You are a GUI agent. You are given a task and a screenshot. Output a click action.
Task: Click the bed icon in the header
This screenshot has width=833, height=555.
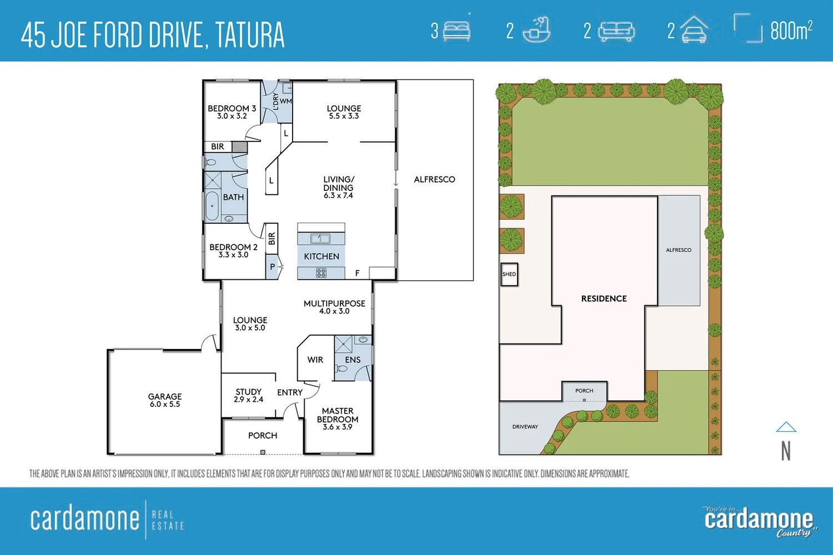[x=457, y=31]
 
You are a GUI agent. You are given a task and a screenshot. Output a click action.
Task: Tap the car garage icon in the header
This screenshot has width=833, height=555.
[x=694, y=30]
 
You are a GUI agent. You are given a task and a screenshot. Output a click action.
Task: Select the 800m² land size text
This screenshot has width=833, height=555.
[x=791, y=30]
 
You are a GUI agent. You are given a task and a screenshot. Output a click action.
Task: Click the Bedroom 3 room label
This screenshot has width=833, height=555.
[x=232, y=112]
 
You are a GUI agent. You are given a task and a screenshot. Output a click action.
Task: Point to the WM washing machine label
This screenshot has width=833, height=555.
[x=285, y=101]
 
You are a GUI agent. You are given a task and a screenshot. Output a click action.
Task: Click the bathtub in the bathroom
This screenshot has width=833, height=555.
[x=212, y=206]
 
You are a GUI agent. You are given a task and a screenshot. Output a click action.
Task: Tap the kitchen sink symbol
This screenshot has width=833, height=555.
[x=320, y=238]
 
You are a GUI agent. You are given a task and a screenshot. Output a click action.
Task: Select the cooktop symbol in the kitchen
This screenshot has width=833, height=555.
[x=322, y=273]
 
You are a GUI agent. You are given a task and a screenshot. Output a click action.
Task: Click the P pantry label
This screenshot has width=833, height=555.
[x=272, y=266]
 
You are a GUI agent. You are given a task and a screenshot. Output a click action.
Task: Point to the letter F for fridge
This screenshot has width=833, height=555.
[x=357, y=273]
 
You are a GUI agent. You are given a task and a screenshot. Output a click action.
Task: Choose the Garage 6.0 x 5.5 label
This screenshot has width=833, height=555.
[x=165, y=400]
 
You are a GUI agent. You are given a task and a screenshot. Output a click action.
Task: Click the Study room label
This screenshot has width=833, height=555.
[x=248, y=396]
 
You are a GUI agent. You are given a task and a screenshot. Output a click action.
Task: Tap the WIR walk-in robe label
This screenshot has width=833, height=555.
[x=315, y=360]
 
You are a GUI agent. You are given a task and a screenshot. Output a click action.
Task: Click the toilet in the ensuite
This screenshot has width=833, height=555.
[x=342, y=369]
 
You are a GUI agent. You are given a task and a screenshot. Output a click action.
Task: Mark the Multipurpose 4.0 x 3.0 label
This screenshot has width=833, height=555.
[x=334, y=307]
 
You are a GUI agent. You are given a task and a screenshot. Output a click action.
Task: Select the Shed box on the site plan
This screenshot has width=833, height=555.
[x=509, y=274]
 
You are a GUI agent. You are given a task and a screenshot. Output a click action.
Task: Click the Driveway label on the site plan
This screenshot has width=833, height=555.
[x=525, y=427]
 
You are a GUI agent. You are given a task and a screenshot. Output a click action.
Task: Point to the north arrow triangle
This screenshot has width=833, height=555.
[x=786, y=427]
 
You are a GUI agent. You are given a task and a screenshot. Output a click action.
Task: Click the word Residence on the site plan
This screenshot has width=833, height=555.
[x=604, y=299]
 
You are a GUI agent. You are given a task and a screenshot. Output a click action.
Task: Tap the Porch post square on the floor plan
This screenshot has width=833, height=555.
[x=263, y=452]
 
